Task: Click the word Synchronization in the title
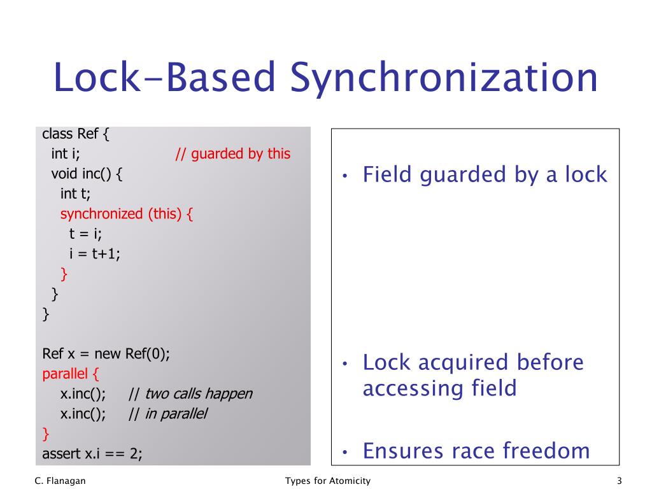(x=444, y=79)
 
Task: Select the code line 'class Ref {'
(x=76, y=134)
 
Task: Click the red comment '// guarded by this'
(x=232, y=154)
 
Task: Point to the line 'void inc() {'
(x=87, y=174)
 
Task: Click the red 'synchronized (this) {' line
(x=126, y=214)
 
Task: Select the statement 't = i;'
(x=86, y=234)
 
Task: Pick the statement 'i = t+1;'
(x=95, y=253)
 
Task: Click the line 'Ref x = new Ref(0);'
(x=106, y=354)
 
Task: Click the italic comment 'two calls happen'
(x=198, y=394)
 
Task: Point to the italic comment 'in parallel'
(x=176, y=414)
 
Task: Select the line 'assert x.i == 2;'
(x=92, y=454)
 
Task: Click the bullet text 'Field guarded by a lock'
(x=485, y=174)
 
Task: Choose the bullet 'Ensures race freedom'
(x=476, y=451)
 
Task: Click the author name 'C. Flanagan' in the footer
(x=60, y=481)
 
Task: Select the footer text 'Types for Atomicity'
(x=328, y=481)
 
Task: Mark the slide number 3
(x=619, y=481)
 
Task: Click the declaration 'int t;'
(x=75, y=194)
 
